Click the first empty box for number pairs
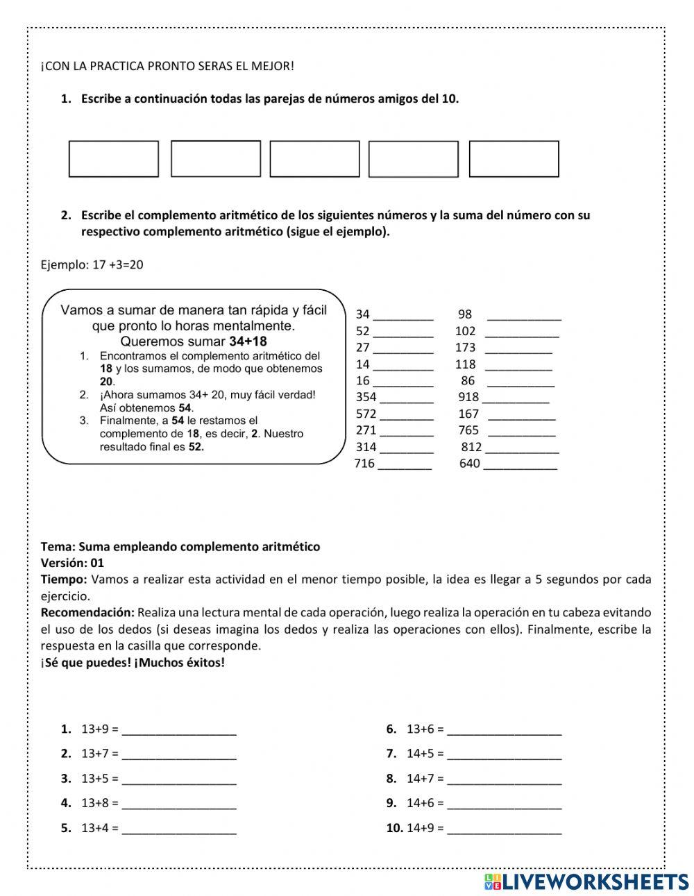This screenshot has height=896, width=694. click(114, 159)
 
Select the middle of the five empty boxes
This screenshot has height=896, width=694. click(314, 159)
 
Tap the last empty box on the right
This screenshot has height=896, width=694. click(514, 159)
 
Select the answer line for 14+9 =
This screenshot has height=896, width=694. click(505, 829)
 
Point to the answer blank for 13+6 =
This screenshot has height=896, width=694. click(505, 730)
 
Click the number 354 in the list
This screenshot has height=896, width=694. click(366, 397)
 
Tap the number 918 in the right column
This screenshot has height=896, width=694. click(468, 397)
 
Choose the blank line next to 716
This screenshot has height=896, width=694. click(405, 464)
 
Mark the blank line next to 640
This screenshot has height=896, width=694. click(520, 464)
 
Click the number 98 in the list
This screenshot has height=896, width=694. click(465, 314)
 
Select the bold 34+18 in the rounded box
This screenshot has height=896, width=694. click(248, 341)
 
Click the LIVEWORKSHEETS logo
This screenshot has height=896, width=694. click(586, 881)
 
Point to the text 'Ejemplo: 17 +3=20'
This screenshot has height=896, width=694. click(92, 265)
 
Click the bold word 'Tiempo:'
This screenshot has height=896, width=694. click(64, 580)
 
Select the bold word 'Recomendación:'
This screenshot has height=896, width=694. click(87, 613)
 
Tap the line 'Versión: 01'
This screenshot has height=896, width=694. click(72, 563)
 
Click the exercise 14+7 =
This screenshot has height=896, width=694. click(425, 779)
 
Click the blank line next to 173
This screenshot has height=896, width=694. click(518, 348)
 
